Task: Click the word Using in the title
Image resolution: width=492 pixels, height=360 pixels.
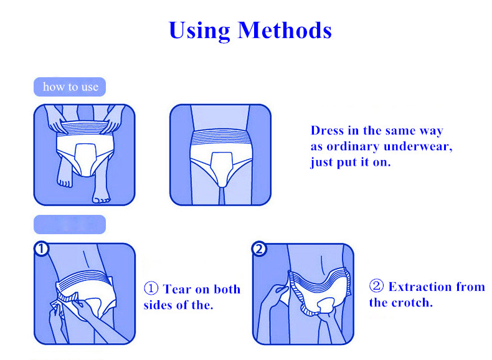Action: [x=199, y=31]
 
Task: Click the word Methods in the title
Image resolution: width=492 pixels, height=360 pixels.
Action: [x=285, y=30]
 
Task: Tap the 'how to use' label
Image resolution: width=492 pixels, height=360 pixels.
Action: [x=70, y=87]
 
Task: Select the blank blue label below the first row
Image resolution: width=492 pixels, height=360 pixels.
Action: [x=70, y=224]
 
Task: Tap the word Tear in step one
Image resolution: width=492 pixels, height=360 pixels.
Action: [x=177, y=290]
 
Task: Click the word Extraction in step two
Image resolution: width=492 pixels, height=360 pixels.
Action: [x=420, y=287]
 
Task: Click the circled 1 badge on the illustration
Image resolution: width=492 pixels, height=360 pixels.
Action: [x=42, y=249]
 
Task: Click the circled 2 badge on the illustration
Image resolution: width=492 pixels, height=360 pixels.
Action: [x=259, y=249]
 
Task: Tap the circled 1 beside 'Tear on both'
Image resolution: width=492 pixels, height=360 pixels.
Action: [x=151, y=288]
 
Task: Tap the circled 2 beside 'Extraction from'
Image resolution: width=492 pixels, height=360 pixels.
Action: [x=376, y=286]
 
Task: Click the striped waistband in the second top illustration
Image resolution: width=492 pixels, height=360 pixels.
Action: [x=221, y=137]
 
